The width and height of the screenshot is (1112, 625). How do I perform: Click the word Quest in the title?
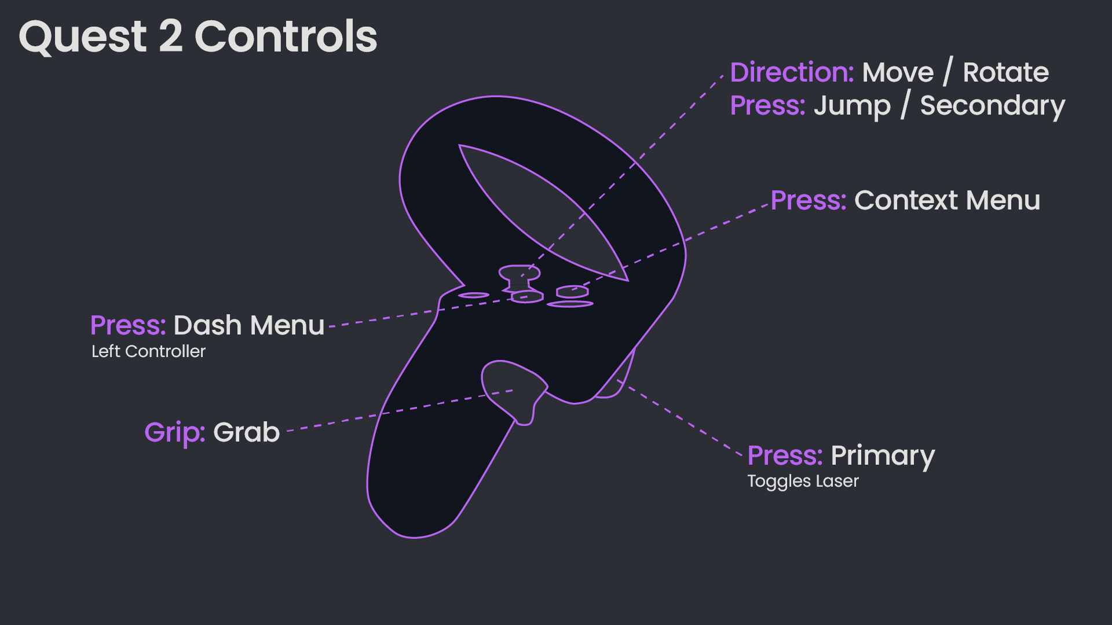pyautogui.click(x=83, y=37)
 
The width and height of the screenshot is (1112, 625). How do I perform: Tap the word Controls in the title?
pyautogui.click(x=286, y=37)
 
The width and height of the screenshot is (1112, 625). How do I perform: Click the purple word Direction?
pyautogui.click(x=792, y=72)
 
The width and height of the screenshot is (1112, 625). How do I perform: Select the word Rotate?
pyautogui.click(x=1005, y=72)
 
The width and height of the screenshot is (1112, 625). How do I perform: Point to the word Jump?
pyautogui.click(x=852, y=106)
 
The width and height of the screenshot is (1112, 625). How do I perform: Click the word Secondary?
pyautogui.click(x=992, y=106)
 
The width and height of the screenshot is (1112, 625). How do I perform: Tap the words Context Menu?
pyautogui.click(x=947, y=200)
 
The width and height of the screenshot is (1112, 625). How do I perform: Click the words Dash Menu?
pyautogui.click(x=248, y=325)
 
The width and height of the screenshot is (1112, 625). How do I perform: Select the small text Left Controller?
pyautogui.click(x=148, y=351)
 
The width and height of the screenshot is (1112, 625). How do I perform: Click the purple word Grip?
pyautogui.click(x=174, y=432)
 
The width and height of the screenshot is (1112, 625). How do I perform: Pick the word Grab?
pyautogui.click(x=246, y=432)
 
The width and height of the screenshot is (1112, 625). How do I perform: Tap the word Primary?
pyautogui.click(x=883, y=456)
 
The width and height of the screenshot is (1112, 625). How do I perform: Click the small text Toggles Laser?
pyautogui.click(x=803, y=481)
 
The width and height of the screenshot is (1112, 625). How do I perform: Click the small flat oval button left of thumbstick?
pyautogui.click(x=474, y=295)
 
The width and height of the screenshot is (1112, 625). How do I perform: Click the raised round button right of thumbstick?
pyautogui.click(x=572, y=292)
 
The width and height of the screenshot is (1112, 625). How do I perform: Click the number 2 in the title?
pyautogui.click(x=171, y=37)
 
